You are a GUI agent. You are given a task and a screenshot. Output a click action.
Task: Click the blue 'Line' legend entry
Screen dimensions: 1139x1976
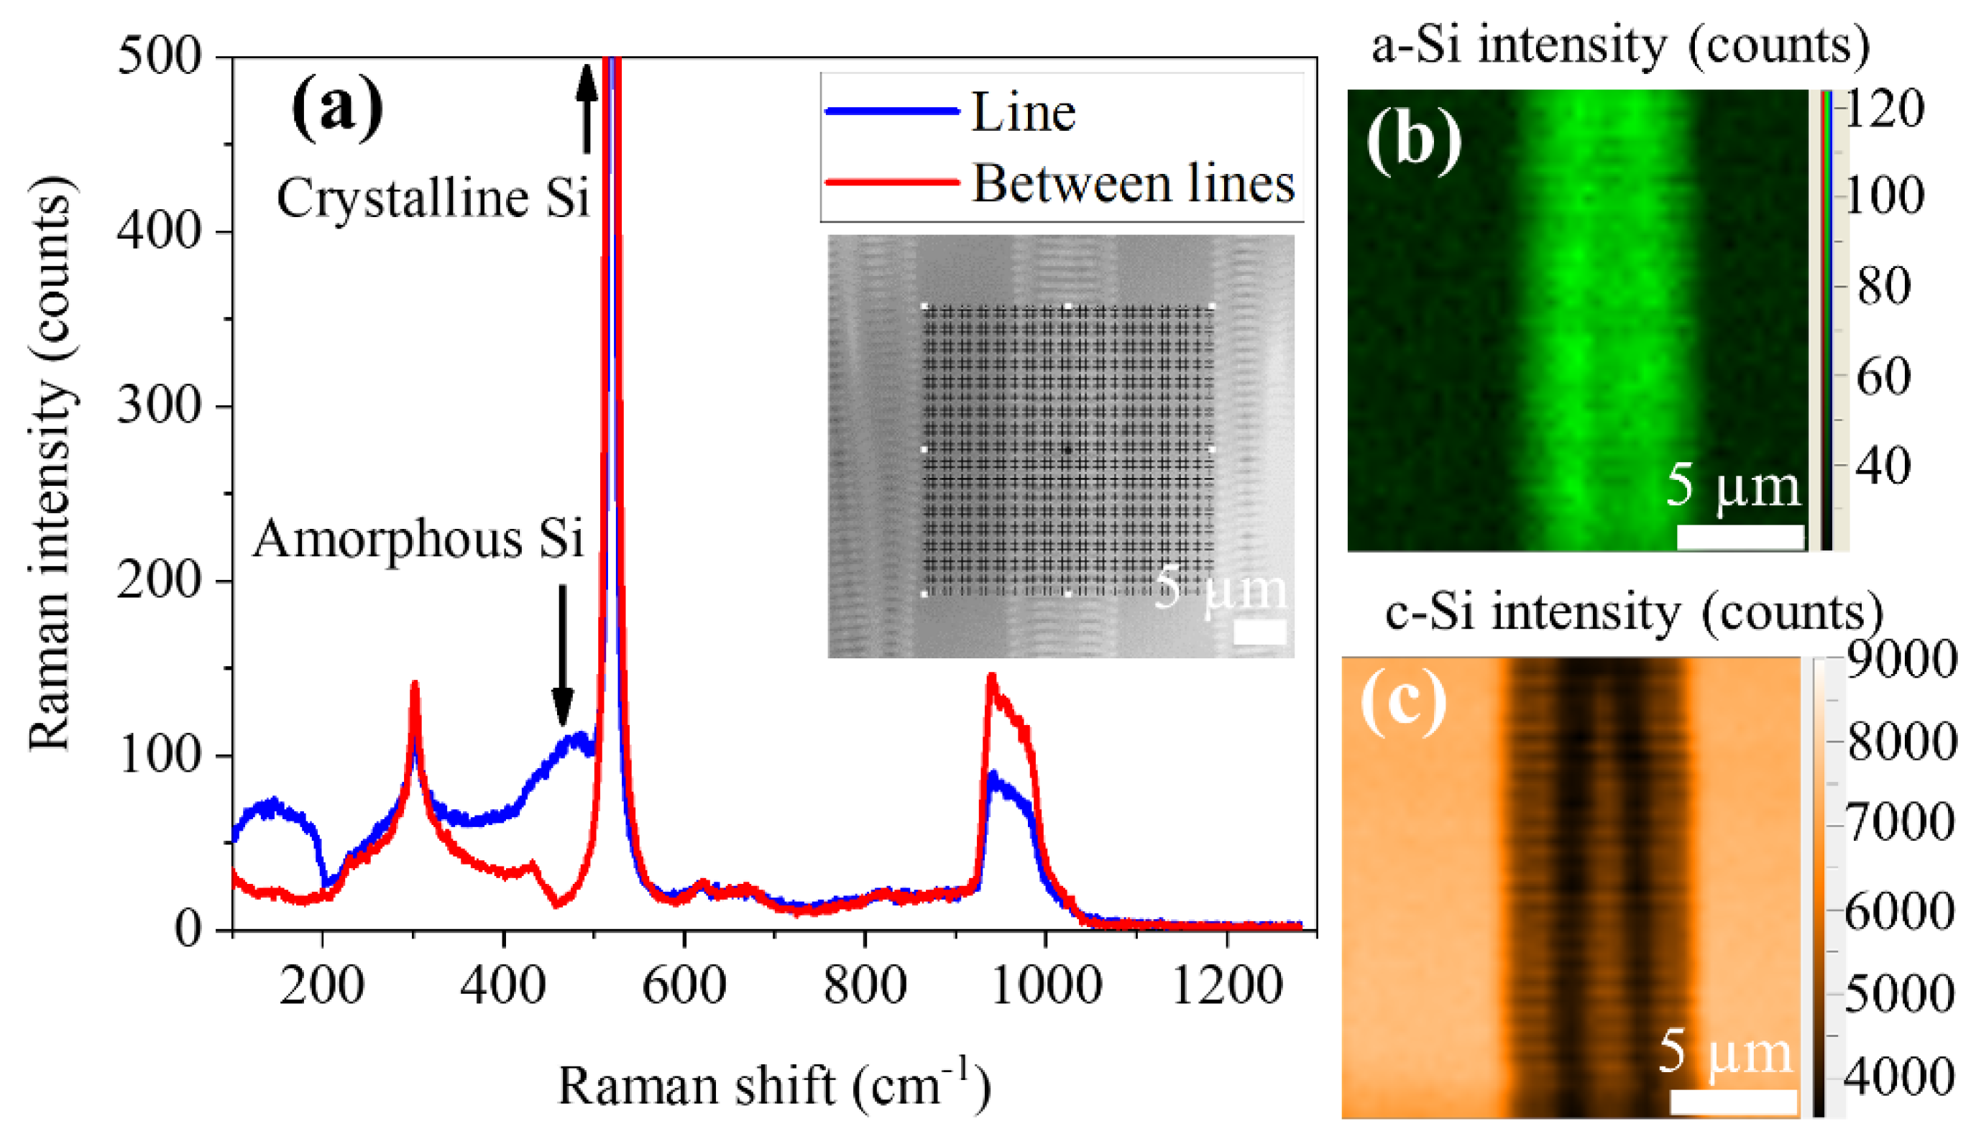point(1022,114)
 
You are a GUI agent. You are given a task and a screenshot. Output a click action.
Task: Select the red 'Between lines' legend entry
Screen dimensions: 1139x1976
point(1132,185)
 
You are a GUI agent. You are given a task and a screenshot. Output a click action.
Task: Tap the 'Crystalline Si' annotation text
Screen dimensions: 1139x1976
point(433,197)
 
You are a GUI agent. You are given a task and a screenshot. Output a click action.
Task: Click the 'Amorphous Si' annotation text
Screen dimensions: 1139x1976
point(418,539)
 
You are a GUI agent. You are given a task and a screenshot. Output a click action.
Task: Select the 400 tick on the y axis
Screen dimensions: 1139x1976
point(160,231)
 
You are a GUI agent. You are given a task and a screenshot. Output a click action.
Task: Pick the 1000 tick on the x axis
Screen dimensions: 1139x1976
point(1045,986)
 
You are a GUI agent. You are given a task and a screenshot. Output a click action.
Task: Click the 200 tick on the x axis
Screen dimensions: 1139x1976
point(322,986)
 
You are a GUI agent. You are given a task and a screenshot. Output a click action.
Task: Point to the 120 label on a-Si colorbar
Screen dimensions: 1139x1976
point(1885,109)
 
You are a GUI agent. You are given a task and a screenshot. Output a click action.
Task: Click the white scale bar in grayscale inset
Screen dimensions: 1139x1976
point(1259,632)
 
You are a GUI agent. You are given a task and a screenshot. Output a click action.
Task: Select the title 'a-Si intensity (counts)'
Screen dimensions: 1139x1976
point(1620,45)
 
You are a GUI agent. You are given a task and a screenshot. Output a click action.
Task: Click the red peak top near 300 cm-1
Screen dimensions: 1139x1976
point(415,686)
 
